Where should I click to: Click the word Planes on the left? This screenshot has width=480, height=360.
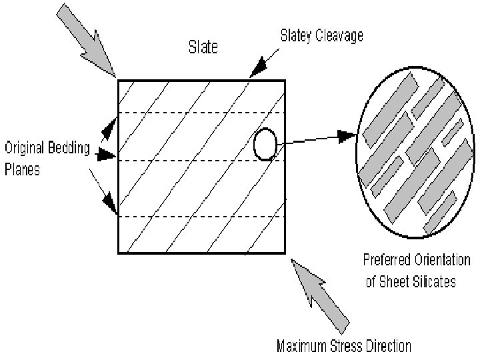click(x=22, y=169)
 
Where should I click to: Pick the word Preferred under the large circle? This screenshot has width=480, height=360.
click(x=387, y=259)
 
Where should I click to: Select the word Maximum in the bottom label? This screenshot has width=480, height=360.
click(x=300, y=345)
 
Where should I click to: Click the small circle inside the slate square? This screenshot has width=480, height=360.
click(x=265, y=144)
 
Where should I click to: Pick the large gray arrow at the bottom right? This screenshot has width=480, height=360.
click(x=319, y=289)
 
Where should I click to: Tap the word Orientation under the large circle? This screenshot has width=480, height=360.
click(x=443, y=259)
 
